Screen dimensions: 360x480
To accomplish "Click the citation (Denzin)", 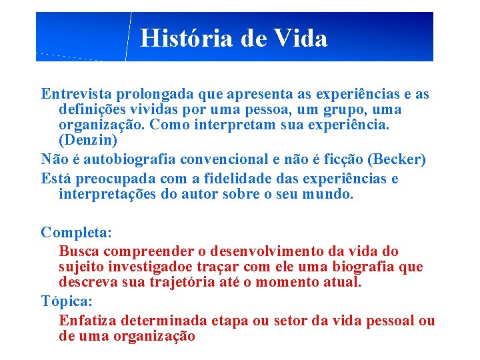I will click(88, 140).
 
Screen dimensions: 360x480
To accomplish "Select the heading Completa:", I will click(77, 232).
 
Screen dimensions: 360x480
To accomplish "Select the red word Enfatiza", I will click(88, 320).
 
